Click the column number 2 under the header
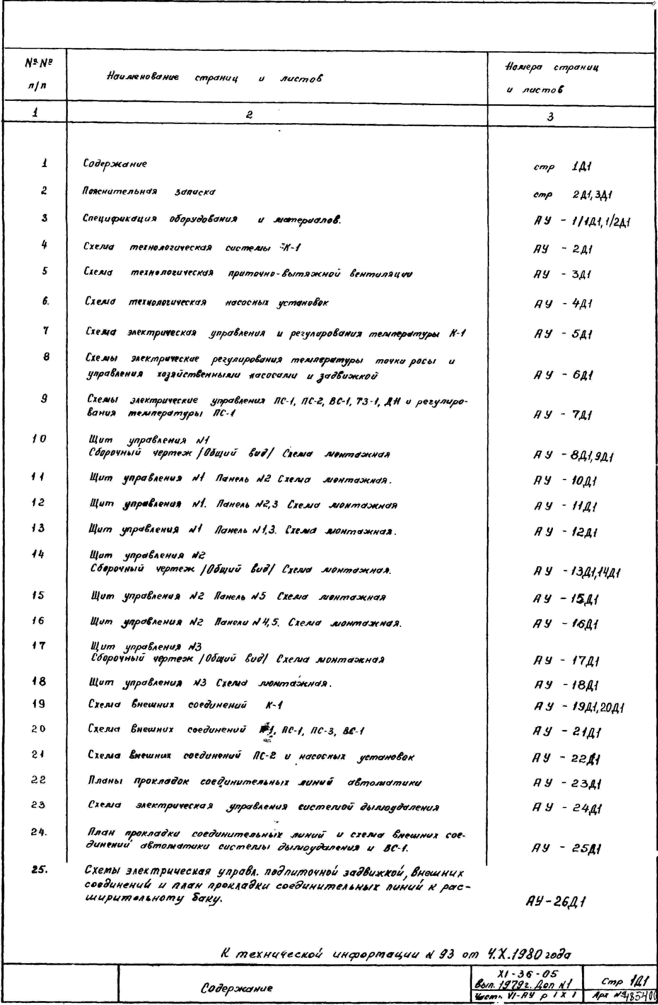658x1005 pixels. [x=250, y=115]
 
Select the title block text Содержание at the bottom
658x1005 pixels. [x=237, y=988]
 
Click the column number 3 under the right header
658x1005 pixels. [x=550, y=117]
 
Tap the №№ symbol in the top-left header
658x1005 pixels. [x=38, y=64]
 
